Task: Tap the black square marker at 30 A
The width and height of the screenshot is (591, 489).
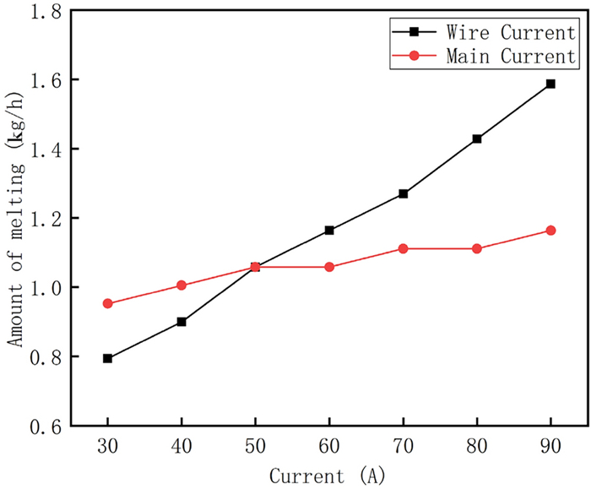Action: (108, 358)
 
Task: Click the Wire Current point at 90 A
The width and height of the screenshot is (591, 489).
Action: (550, 84)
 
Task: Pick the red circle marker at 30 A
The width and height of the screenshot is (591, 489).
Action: (108, 303)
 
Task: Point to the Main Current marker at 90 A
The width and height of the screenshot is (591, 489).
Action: (550, 231)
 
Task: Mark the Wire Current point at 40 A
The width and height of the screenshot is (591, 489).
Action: (182, 322)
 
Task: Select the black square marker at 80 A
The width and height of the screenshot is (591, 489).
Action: (477, 139)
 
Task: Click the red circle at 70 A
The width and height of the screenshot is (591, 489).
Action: (403, 248)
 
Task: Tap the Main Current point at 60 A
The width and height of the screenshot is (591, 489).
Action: (329, 267)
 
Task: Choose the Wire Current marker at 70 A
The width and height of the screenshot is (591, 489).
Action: (403, 193)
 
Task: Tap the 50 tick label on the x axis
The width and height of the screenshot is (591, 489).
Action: (255, 444)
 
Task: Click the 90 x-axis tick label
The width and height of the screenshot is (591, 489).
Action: (550, 444)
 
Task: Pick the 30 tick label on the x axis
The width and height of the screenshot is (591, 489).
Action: (108, 444)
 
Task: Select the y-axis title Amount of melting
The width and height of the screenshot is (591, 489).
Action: (15, 220)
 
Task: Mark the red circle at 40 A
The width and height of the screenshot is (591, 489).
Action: (182, 285)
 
